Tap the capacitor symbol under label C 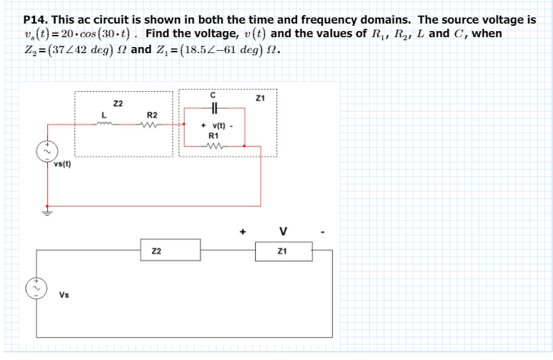point(213,108)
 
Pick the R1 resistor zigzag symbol point(213,146)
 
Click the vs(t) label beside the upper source point(62,164)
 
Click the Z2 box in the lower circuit point(171,251)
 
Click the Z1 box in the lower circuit point(282,251)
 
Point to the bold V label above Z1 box point(283,231)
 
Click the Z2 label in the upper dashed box point(118,103)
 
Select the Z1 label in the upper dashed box point(260,97)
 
